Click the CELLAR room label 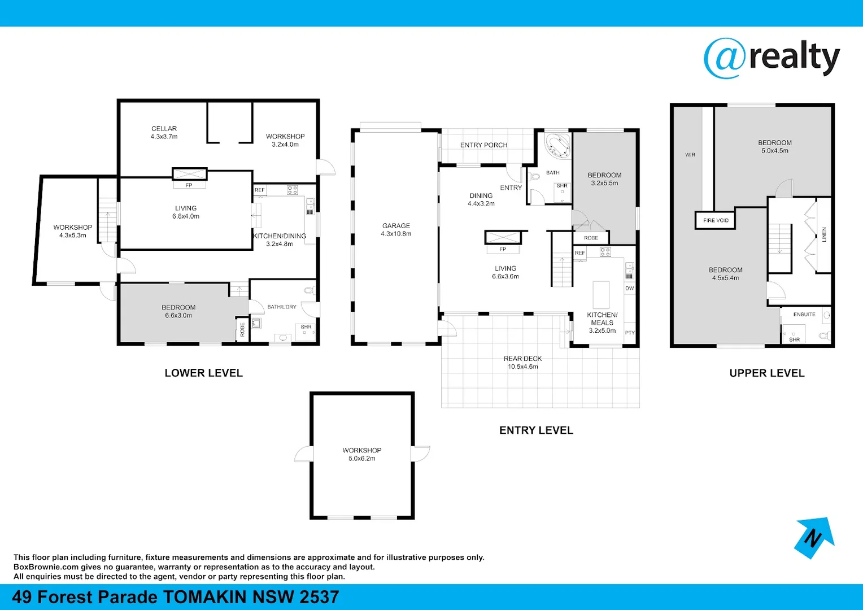164,129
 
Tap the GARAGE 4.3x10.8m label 396,229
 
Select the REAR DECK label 522,359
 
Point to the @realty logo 772,58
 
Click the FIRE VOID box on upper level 716,220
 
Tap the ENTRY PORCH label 483,145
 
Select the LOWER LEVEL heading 203,373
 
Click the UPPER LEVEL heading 766,373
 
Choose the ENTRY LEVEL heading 536,430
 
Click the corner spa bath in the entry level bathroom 557,145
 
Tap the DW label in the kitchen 629,289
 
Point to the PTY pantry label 630,333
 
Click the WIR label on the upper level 690,155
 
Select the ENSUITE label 804,315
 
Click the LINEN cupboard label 824,234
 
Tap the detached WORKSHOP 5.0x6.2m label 361,454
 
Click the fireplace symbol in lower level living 189,174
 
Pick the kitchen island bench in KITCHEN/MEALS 601,294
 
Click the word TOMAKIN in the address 204,597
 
